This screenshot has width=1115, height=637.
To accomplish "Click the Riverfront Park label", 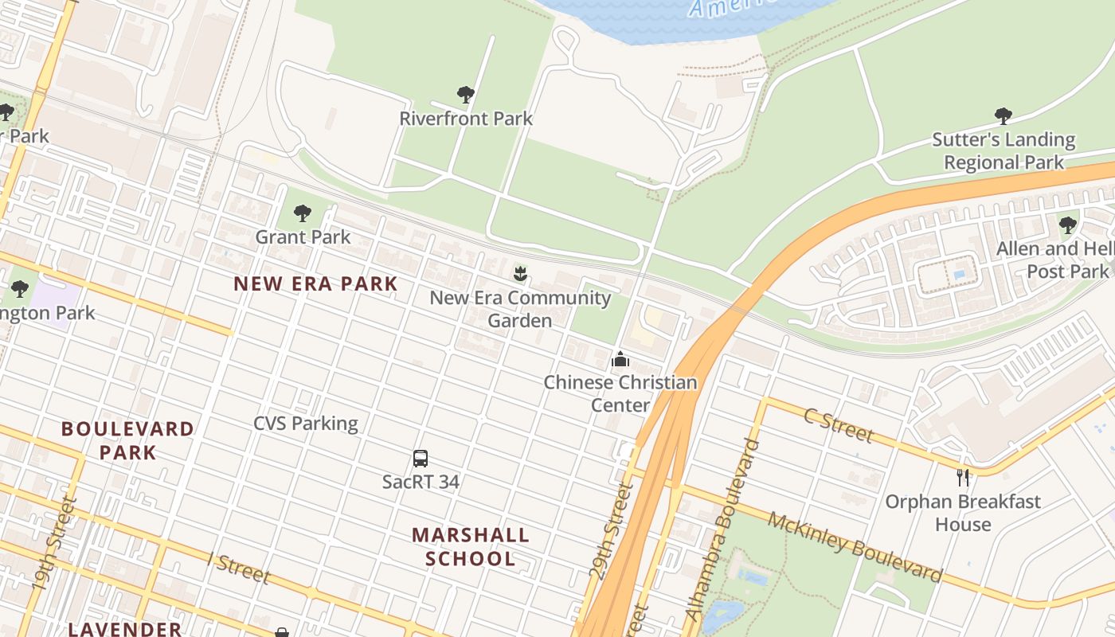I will tap(466, 119).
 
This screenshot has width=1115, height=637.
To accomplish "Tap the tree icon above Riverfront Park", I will tap(466, 96).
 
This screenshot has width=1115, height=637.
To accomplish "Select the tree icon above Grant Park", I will tap(302, 213).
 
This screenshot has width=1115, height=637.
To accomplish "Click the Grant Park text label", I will tap(303, 236).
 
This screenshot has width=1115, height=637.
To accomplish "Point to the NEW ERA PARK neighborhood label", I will tap(315, 283).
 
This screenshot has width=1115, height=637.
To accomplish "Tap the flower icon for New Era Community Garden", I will tap(520, 275).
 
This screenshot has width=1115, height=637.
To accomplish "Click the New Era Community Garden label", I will tap(520, 309).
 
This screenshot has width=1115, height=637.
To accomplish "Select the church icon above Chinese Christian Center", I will tap(620, 359).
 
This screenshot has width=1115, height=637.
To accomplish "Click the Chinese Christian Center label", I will tap(620, 393).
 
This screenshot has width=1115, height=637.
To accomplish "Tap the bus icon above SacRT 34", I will tap(421, 459).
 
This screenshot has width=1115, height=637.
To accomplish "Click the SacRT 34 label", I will tap(421, 482).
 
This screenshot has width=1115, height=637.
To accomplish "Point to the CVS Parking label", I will tap(306, 423).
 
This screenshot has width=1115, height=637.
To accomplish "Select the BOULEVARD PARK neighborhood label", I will tap(127, 440).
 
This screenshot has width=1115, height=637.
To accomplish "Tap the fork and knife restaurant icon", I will tap(963, 478).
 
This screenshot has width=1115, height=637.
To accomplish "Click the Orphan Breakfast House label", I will tap(963, 513).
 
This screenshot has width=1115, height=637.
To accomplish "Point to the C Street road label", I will tap(839, 425).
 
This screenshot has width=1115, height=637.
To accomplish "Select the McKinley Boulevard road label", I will tap(855, 548).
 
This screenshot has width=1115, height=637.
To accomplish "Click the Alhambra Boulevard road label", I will tap(718, 530).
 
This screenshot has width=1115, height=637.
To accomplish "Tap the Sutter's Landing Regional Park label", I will tap(1003, 150).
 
